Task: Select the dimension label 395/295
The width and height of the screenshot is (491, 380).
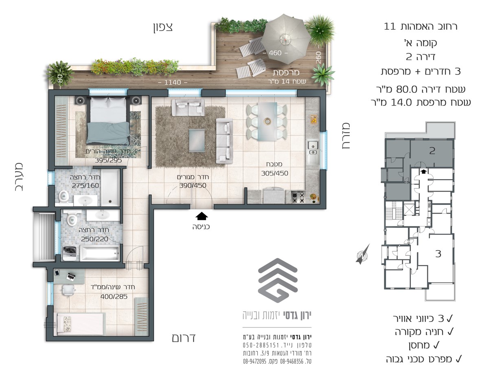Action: [108, 160]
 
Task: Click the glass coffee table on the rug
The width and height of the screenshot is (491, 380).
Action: [197, 141]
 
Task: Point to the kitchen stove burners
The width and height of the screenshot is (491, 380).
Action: [298, 197]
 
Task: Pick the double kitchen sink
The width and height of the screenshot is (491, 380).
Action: [313, 147]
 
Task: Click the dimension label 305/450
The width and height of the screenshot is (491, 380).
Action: [274, 173]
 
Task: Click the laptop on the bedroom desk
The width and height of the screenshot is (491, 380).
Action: [71, 276]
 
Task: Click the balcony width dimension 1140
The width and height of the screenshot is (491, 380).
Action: [173, 82]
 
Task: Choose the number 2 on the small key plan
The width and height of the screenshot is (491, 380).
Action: [432, 151]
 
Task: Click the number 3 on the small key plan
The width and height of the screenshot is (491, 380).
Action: [438, 254]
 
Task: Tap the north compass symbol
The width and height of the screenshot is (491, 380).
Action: [362, 254]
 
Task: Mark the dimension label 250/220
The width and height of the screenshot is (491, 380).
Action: [94, 239]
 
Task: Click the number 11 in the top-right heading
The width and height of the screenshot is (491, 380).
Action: [390, 26]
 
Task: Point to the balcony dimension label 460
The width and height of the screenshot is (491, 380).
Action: [275, 53]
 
